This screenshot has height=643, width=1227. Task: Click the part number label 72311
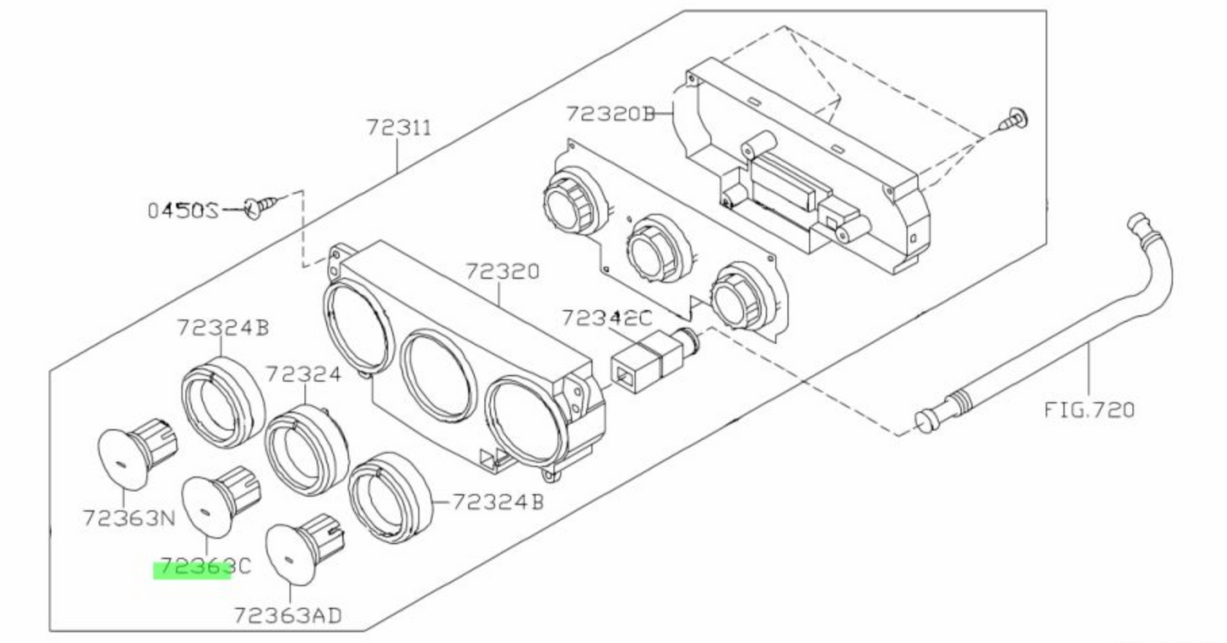click(399, 127)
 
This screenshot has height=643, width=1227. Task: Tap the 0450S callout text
click(183, 209)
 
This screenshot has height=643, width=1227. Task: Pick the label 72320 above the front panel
click(501, 272)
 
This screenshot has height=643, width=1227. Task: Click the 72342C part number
click(606, 318)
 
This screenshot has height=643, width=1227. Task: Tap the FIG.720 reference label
click(1089, 409)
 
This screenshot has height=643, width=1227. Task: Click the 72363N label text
click(129, 516)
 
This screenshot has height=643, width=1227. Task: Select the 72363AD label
click(288, 615)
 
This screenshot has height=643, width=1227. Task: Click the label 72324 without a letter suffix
click(303, 374)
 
